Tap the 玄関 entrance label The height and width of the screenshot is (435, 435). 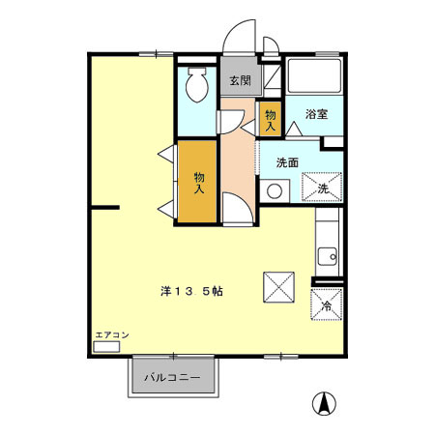pos(237,81)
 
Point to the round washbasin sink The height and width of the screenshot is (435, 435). pos(274,191)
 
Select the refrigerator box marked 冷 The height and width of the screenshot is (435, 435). pos(327,304)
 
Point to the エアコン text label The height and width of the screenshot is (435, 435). pos(111,334)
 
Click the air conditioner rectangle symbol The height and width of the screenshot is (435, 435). pos(106,345)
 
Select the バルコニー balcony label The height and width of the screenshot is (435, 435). pos(173,377)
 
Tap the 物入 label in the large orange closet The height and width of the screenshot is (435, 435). pos(199,182)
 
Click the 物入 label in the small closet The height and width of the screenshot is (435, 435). pos(271,120)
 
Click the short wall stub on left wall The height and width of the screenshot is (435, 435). pos(104,207)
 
